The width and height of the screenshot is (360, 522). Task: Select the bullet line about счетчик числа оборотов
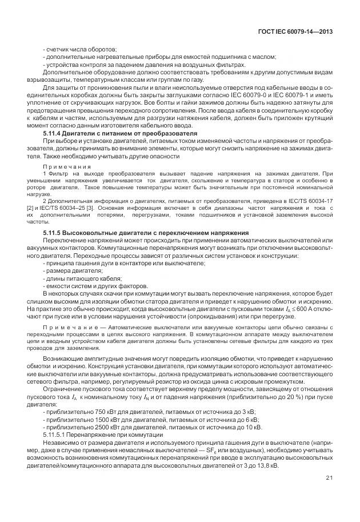tap(80, 50)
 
